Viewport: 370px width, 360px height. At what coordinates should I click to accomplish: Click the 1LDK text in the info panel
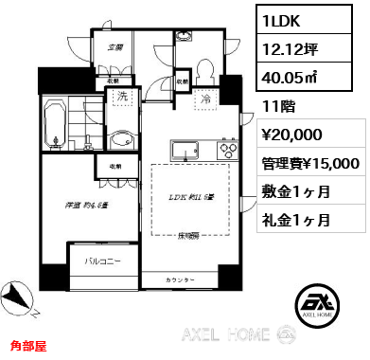tap(284, 17)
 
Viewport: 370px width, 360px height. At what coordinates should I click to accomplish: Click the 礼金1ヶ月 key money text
tap(296, 220)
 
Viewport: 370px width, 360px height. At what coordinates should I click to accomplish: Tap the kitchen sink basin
tap(183, 152)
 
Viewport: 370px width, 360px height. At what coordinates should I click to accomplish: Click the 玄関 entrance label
tap(115, 46)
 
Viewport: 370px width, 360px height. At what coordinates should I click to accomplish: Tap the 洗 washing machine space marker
tap(122, 97)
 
